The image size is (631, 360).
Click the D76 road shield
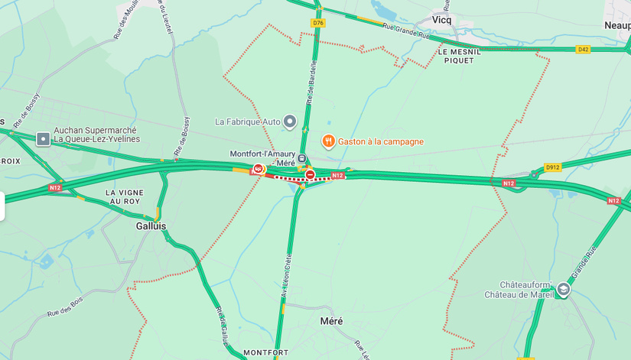(318, 23)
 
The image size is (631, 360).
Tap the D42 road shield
(584, 50)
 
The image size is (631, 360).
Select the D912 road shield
(552, 167)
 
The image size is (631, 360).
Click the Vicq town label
(441, 20)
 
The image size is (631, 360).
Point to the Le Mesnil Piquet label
(460, 56)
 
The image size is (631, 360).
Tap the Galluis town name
(151, 226)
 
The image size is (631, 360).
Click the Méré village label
(331, 321)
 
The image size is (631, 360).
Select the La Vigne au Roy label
(123, 197)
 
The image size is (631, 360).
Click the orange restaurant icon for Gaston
(327, 141)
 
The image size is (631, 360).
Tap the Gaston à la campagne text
(381, 141)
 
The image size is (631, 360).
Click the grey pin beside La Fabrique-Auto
(289, 122)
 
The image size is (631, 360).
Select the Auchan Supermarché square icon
(43, 139)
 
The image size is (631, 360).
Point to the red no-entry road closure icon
(310, 175)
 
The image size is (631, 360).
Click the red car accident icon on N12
(259, 169)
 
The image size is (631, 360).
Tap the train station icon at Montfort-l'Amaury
(302, 158)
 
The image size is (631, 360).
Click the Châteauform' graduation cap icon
(564, 289)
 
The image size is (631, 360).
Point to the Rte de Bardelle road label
(311, 82)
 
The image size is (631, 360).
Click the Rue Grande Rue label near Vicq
(406, 31)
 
